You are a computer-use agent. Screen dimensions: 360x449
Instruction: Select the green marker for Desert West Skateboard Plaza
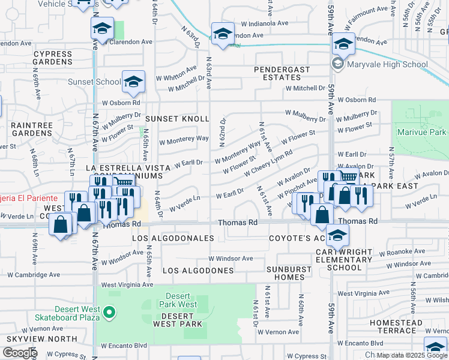pyautogui.click(x=109, y=311)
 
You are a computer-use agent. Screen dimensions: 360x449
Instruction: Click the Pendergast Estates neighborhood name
pyautogui.click(x=282, y=74)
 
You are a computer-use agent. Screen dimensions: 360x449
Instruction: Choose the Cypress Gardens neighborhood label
pyautogui.click(x=53, y=58)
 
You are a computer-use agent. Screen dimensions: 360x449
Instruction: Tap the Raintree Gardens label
pyautogui.click(x=32, y=128)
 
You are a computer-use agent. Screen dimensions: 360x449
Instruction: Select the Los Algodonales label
pyautogui.click(x=173, y=238)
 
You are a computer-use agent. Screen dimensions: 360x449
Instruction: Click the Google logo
pyautogui.click(x=19, y=353)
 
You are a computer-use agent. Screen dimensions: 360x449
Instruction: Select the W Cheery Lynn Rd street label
pyautogui.click(x=267, y=163)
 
